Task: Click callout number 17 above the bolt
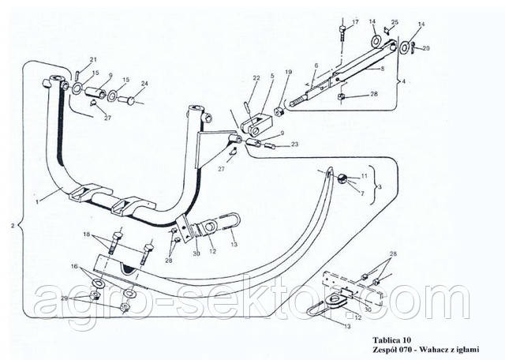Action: [x=355, y=21]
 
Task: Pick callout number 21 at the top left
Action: [x=92, y=60]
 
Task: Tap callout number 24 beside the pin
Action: [x=145, y=83]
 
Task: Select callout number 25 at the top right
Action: [x=395, y=22]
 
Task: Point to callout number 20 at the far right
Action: [x=426, y=48]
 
